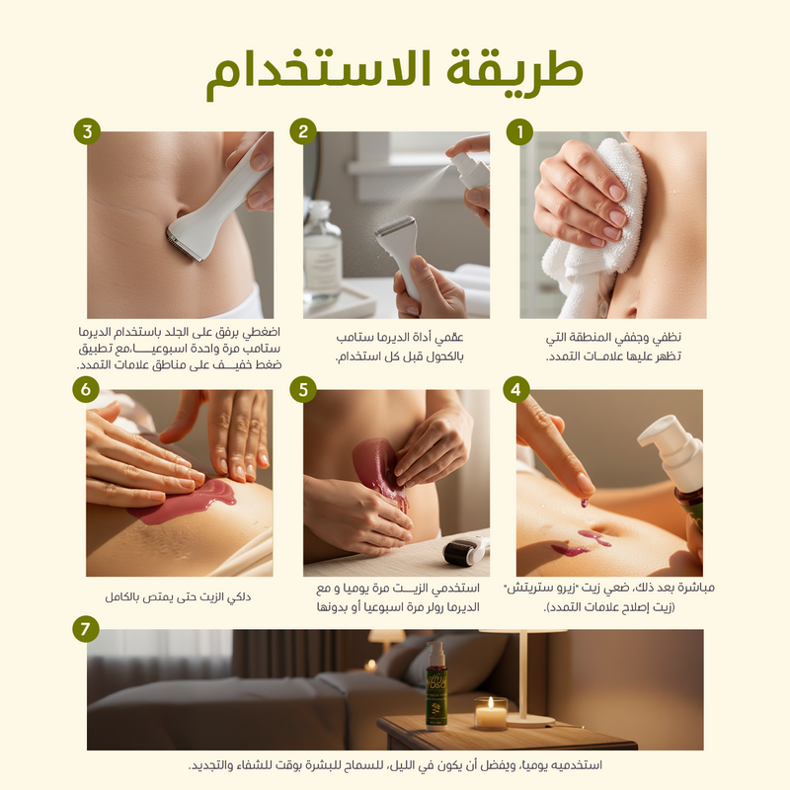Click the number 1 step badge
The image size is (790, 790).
point(519,132)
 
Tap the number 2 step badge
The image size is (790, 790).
point(303,131)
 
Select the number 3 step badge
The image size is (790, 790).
point(87,131)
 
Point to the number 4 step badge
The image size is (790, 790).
point(515,389)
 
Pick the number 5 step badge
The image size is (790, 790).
point(303,389)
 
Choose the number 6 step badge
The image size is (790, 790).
point(86,389)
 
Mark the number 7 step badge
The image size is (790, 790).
point(85,629)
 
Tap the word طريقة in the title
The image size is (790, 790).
point(514,70)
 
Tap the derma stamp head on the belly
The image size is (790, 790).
point(184,245)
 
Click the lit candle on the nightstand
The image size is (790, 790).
point(491,713)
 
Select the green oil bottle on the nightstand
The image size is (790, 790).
point(435,685)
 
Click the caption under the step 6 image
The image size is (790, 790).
point(178,597)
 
